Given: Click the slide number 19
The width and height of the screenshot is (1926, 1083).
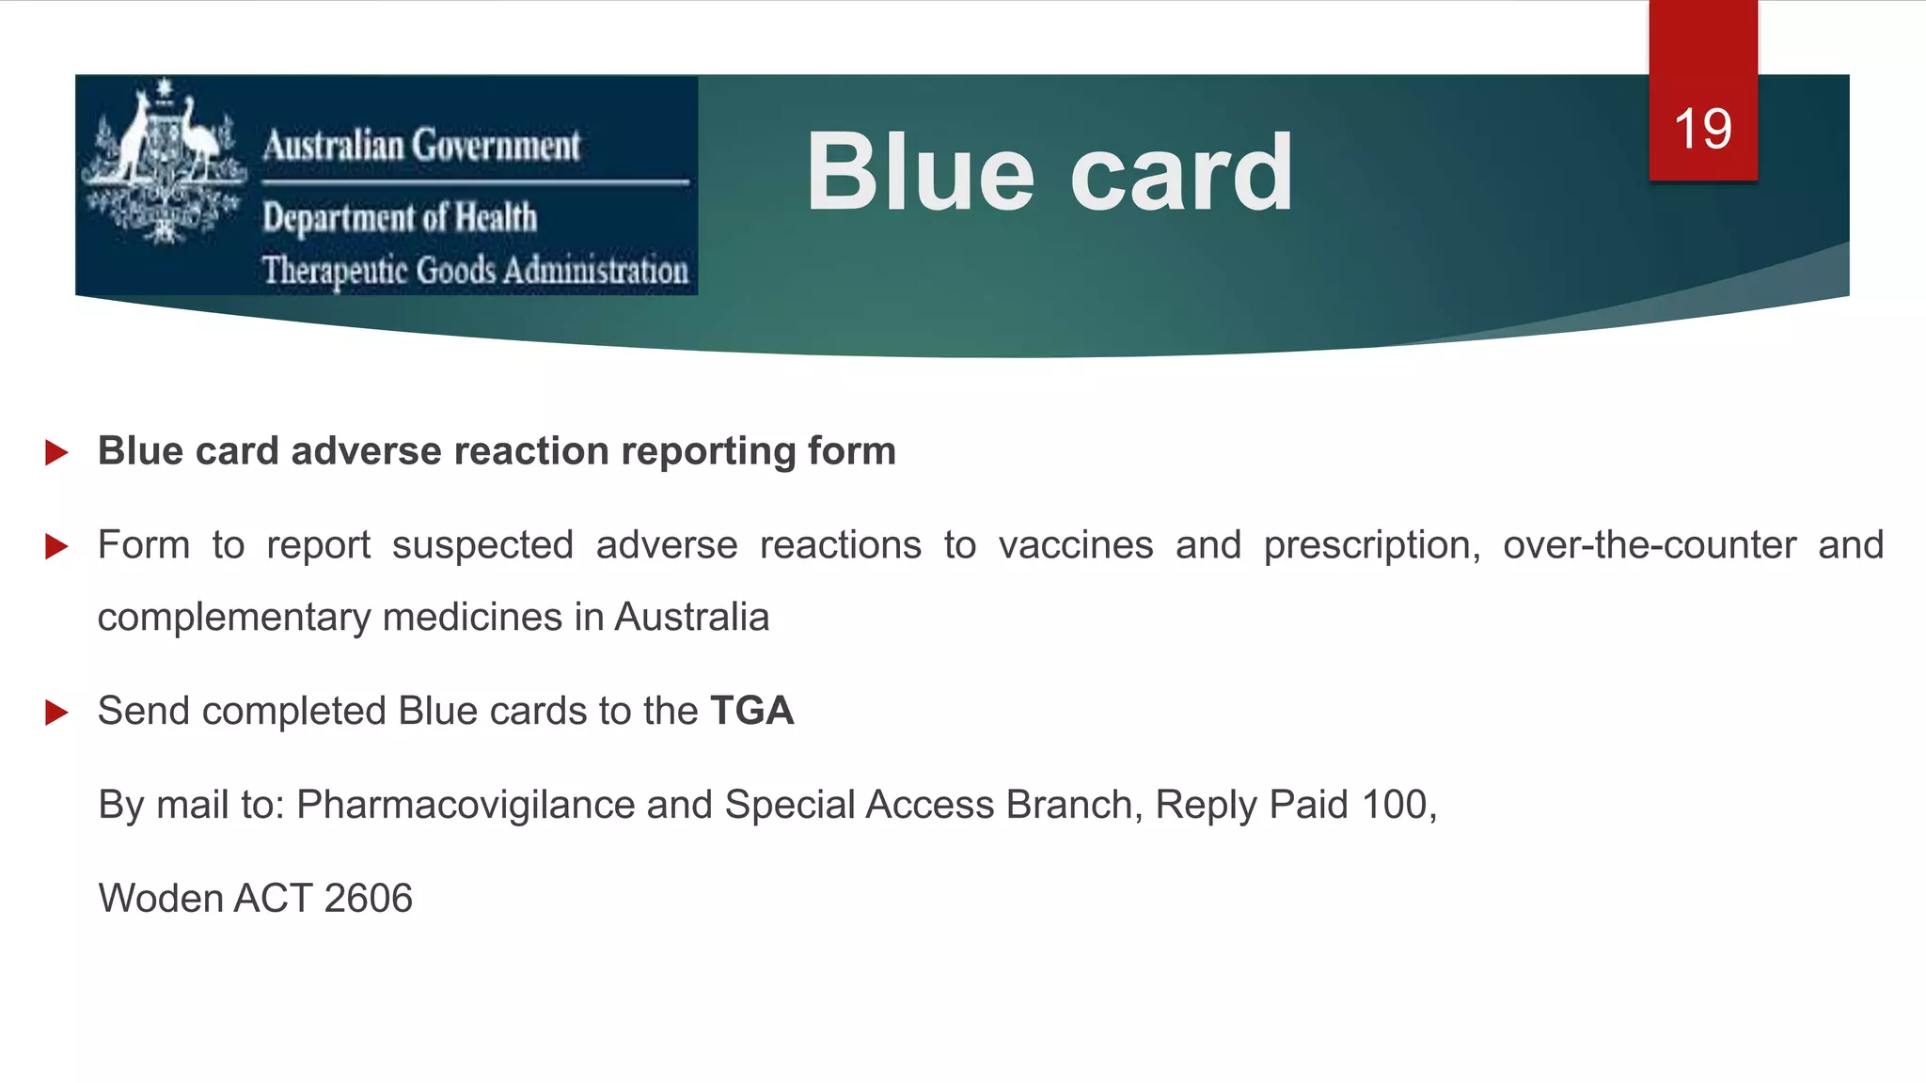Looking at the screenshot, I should (1702, 129).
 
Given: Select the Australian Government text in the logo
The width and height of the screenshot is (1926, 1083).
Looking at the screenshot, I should (421, 146).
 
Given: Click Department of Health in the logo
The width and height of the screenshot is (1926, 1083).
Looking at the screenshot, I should (400, 218).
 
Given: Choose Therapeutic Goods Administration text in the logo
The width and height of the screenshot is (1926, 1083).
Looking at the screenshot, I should (475, 271).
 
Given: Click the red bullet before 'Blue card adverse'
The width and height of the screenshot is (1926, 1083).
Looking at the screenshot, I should (56, 452).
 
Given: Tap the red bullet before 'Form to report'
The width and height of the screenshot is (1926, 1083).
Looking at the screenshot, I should (56, 546).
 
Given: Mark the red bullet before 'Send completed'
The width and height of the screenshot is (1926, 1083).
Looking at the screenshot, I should (56, 712).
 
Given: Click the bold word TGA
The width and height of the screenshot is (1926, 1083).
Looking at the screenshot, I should (751, 711).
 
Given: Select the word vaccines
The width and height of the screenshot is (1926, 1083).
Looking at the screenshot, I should (1075, 545).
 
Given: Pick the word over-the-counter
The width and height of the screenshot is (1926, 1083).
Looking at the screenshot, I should (1649, 545).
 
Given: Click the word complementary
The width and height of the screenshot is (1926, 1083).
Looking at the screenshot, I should (234, 619).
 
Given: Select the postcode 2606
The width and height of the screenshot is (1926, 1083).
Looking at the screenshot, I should (368, 899).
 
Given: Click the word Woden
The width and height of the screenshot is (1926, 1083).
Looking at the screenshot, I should (161, 899).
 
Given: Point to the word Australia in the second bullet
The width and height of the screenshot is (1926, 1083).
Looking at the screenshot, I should (691, 618).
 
